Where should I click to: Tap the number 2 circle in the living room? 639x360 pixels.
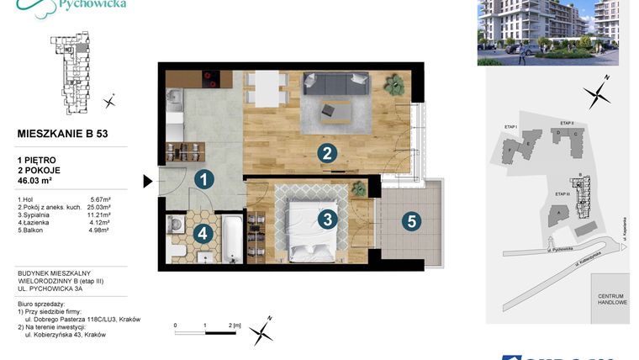tap(327, 153)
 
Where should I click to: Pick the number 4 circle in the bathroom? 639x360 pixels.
tap(203, 235)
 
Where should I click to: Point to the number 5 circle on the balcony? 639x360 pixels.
tap(410, 222)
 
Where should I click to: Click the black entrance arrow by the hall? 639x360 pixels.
tap(148, 180)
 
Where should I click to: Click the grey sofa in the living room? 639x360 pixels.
tap(337, 83)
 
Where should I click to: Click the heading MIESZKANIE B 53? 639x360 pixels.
tap(62, 133)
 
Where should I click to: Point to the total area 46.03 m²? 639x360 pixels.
tap(35, 180)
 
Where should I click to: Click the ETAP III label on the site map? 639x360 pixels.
tap(562, 194)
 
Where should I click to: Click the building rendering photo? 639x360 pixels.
tap(547, 32)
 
